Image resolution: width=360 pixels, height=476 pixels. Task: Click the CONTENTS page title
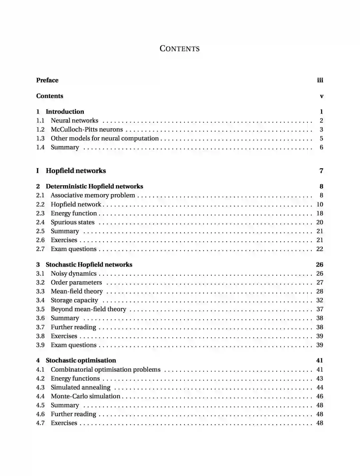click(x=179, y=49)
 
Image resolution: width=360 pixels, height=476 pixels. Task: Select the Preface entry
click(x=47, y=80)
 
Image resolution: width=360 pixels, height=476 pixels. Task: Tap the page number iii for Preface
click(x=320, y=80)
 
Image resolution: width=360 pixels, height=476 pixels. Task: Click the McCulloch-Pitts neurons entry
click(x=87, y=130)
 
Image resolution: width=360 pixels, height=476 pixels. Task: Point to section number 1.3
click(x=40, y=139)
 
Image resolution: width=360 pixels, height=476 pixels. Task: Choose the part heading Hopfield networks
click(x=76, y=171)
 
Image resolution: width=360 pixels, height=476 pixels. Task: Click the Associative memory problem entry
click(x=93, y=196)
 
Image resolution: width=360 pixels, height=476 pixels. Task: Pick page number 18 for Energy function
click(x=320, y=214)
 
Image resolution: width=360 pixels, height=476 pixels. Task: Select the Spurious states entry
click(x=73, y=223)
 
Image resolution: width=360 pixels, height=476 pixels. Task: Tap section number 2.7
click(x=40, y=249)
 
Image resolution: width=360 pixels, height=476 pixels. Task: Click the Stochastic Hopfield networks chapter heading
click(x=89, y=265)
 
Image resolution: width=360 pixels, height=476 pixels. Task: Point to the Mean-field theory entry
click(x=77, y=291)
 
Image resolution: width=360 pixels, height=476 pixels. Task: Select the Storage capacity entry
click(x=74, y=300)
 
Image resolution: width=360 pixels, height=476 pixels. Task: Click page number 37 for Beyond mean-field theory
click(x=320, y=309)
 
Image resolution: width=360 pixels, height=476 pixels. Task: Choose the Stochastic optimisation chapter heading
click(x=81, y=360)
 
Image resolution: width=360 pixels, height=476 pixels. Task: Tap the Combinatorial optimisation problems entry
click(x=106, y=370)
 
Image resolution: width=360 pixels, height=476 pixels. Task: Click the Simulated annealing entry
click(x=80, y=387)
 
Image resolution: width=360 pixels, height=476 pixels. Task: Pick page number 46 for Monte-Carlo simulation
click(x=320, y=396)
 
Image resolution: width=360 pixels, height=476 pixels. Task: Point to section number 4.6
click(x=40, y=414)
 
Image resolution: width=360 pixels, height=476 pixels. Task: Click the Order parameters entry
click(x=76, y=282)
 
